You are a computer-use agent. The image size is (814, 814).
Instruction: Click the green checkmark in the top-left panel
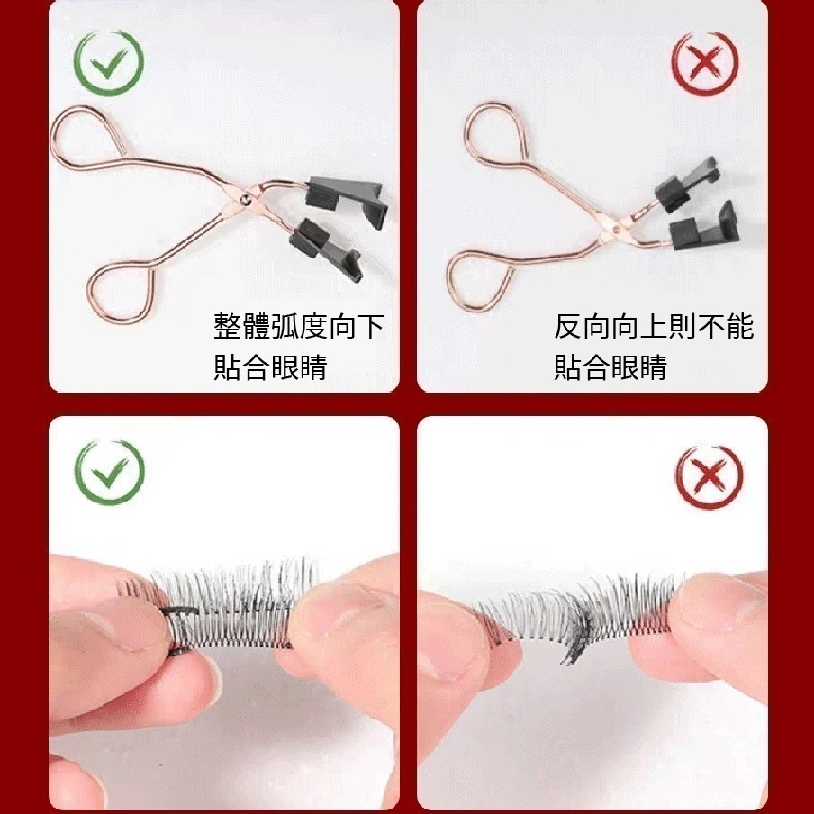(x=109, y=64)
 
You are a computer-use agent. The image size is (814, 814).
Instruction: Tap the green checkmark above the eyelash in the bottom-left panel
(x=109, y=474)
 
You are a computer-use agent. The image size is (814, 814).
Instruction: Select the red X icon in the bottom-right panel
(x=707, y=475)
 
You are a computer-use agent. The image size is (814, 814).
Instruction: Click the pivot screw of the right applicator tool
(x=614, y=231)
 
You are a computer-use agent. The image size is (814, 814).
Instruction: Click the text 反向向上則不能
(x=654, y=327)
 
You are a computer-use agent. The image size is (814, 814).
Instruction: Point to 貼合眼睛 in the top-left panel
(x=270, y=367)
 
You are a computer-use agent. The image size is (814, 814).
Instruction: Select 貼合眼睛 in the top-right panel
(x=610, y=367)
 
